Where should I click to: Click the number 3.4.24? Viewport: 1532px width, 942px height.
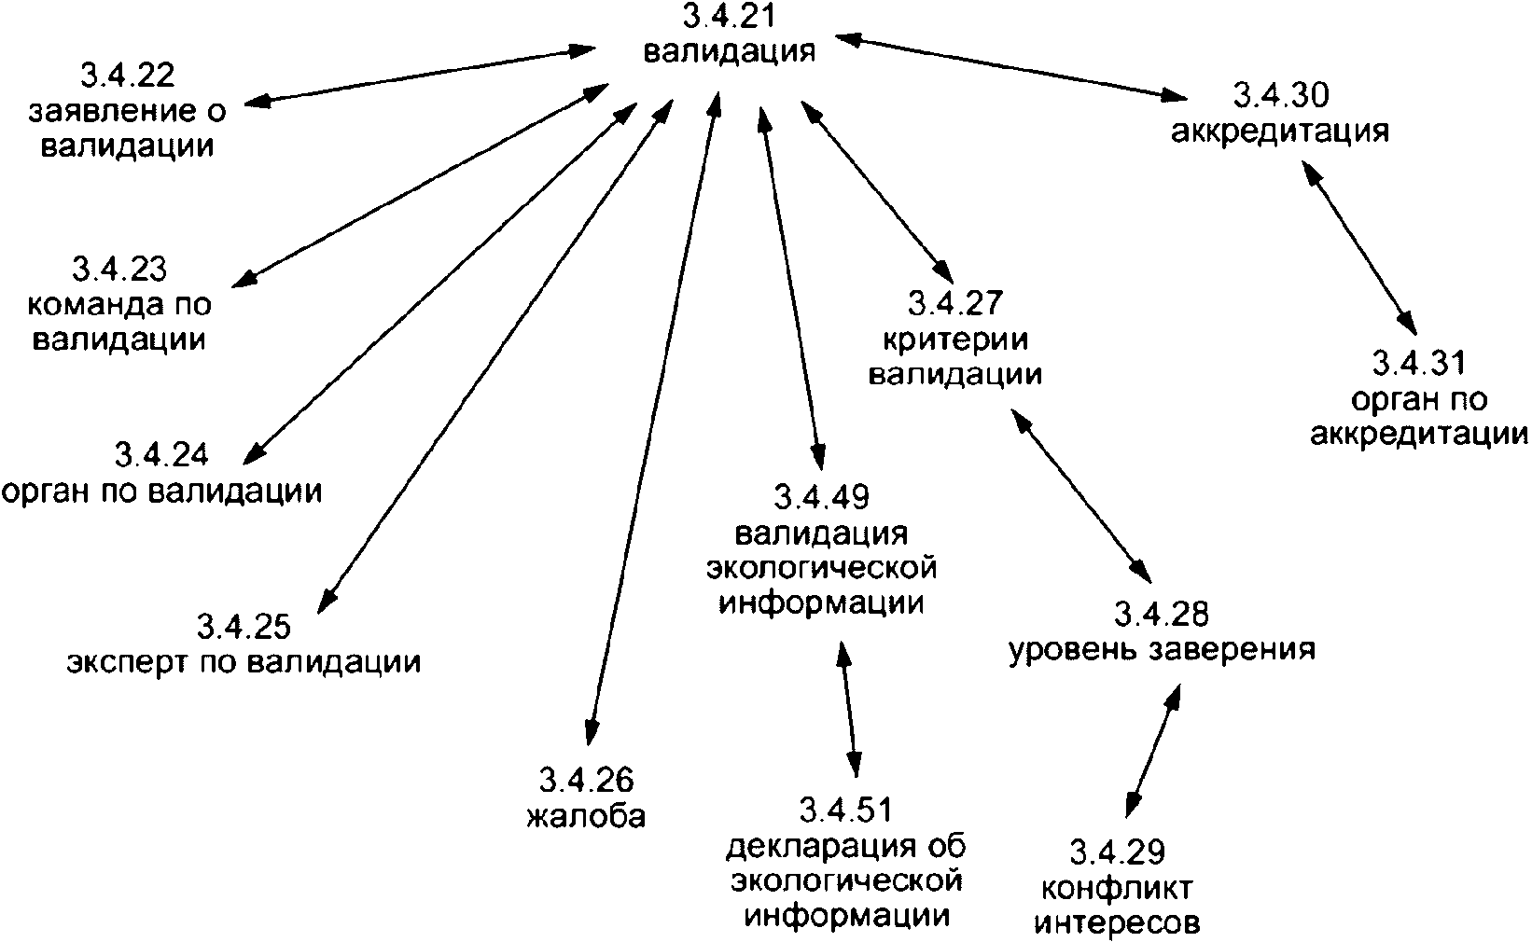pos(161,455)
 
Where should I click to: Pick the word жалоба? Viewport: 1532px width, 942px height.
pos(585,816)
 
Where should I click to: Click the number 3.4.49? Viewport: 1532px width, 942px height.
pos(821,497)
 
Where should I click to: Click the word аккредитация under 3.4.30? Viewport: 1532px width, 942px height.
pos(1279,132)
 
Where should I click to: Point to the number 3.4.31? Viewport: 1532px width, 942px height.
pos(1418,364)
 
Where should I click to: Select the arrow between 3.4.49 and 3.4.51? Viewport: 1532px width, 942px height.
pos(849,705)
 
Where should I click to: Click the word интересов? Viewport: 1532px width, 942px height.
pos(1116,922)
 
